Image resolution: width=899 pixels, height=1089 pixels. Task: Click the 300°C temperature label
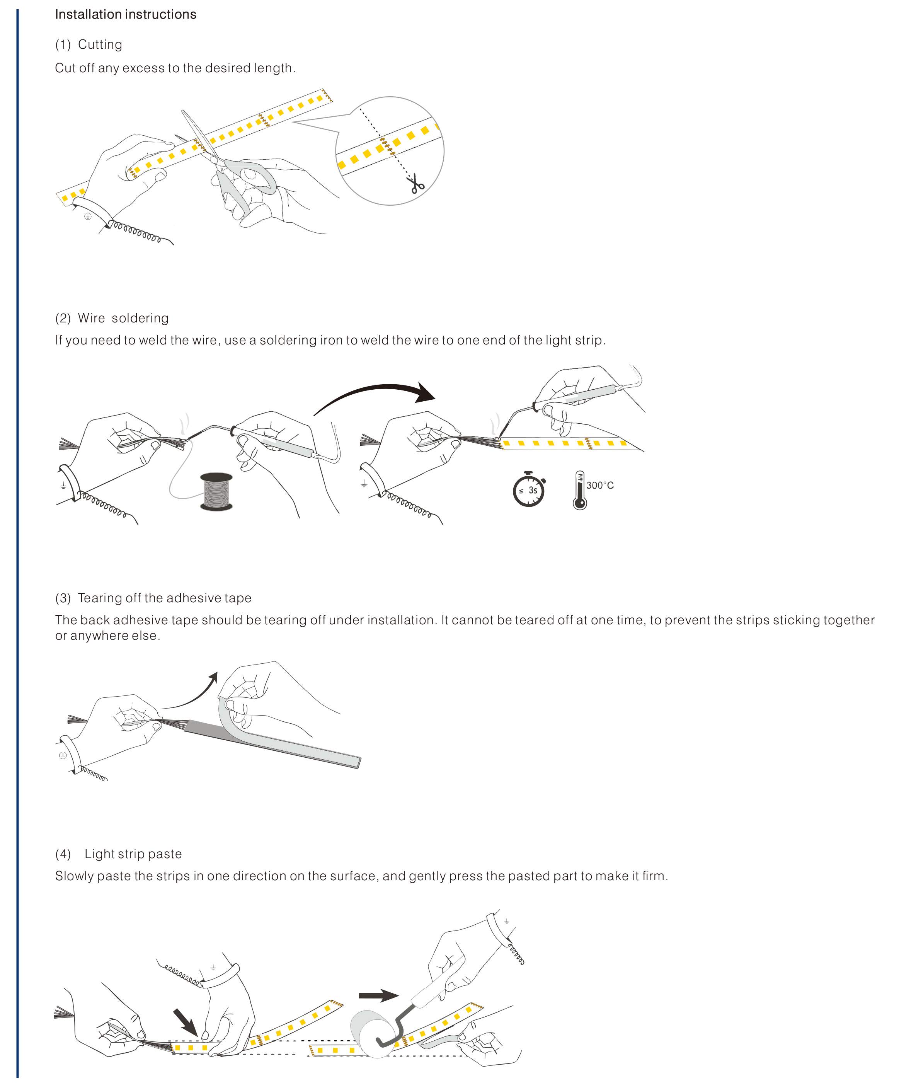coord(600,485)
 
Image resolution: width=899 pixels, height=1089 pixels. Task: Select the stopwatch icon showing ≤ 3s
coord(529,489)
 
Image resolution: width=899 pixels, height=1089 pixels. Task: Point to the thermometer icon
coord(579,490)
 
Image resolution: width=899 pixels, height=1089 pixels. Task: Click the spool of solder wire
coord(216,491)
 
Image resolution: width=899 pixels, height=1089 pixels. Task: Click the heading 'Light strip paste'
coord(133,854)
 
